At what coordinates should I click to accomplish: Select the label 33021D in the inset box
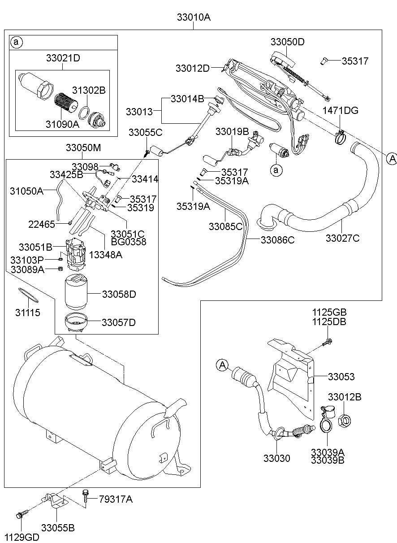(63, 58)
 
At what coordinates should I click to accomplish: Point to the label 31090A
(62, 124)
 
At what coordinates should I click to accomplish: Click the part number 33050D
(287, 42)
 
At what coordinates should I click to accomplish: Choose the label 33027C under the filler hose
(342, 238)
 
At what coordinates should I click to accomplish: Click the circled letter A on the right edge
(392, 158)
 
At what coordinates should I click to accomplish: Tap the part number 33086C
(278, 240)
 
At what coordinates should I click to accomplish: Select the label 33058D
(119, 294)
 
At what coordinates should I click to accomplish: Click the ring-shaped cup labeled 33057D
(76, 323)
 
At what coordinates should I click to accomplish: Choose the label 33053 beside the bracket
(341, 377)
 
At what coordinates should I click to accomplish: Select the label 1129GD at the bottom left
(22, 537)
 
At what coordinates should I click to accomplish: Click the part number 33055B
(58, 528)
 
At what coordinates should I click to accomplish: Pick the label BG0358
(128, 242)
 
